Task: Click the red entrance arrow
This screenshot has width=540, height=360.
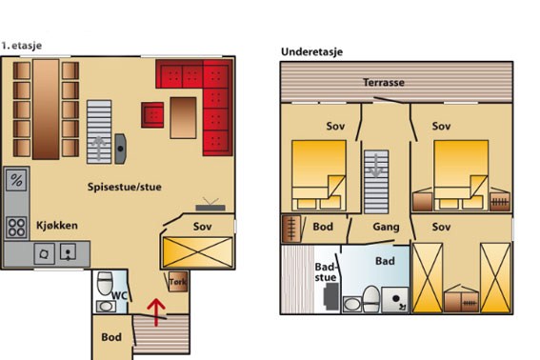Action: click(156, 311)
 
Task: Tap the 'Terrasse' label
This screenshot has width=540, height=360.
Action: click(384, 83)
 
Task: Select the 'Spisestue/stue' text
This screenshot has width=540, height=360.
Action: click(125, 187)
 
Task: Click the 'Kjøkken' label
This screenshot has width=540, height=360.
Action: click(57, 226)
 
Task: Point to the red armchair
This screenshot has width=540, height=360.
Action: click(152, 115)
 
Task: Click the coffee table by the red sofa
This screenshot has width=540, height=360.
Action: click(183, 118)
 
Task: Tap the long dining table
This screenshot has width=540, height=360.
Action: click(46, 110)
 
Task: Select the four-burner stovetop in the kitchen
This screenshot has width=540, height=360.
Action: click(16, 228)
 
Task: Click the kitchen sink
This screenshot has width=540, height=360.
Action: click(69, 252)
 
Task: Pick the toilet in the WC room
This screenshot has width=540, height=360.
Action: click(105, 283)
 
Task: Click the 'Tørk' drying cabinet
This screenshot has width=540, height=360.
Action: click(178, 282)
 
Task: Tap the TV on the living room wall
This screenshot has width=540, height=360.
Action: click(210, 205)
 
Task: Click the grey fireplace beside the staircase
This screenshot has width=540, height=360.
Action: click(120, 149)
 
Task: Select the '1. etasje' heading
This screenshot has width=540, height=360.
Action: click(21, 46)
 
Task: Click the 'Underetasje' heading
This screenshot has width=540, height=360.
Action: click(312, 51)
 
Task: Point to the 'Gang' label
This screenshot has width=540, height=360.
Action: click(386, 227)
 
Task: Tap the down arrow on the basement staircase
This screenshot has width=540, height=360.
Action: click(376, 166)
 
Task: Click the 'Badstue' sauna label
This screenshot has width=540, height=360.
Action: click(325, 272)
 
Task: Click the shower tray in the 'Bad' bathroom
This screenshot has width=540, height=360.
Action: click(395, 300)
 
